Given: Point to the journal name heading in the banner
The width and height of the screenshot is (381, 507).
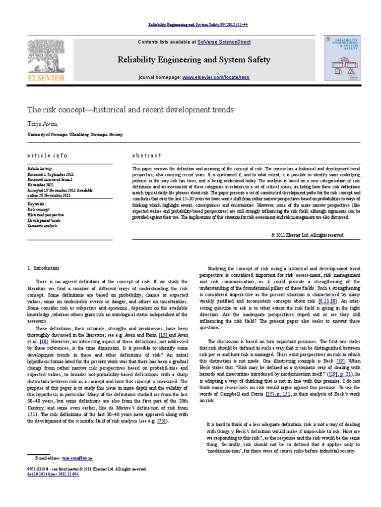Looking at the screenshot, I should point(193,60).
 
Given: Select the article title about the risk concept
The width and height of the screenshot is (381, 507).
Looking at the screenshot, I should point(130,108).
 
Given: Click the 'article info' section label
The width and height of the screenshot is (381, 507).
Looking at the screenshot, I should point(47,155).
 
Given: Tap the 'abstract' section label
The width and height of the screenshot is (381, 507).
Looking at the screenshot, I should point(146,155).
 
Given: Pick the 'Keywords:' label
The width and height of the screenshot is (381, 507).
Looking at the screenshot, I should point(37,203).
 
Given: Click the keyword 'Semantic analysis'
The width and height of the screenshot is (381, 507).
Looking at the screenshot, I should point(43,226).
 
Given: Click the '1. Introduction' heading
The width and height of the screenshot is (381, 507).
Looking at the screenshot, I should point(46,268).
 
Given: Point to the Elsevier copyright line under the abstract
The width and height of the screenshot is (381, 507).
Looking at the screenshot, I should point(307,235).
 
